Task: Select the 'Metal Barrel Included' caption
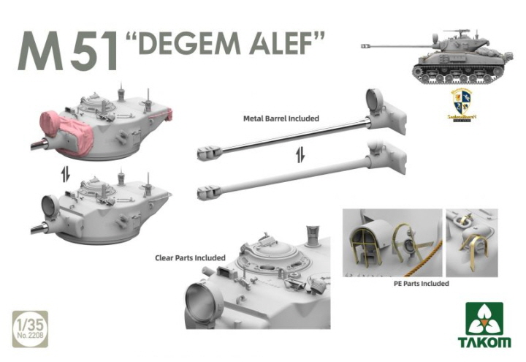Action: (281, 117)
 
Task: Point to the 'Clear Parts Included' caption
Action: (189, 257)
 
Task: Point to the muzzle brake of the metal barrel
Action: (208, 152)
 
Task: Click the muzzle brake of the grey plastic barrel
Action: (210, 192)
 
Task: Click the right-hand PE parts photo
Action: (471, 242)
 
